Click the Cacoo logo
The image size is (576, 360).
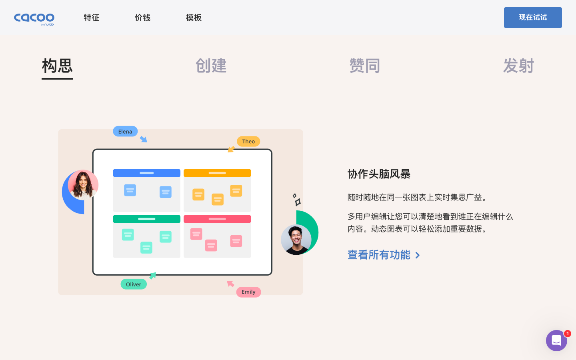coord(34,18)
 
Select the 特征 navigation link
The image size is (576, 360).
coord(92,18)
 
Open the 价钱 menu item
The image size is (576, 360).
coord(142,18)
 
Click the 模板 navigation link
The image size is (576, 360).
coord(194,18)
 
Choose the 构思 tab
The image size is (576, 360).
coord(57,66)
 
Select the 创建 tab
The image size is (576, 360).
coord(211,66)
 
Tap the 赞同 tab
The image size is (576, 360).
coord(364,66)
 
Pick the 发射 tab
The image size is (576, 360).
coord(518,66)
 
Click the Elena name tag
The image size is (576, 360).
coord(125,132)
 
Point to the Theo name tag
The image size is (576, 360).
coord(248,142)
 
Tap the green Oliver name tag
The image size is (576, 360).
coord(134,284)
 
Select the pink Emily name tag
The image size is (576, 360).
coord(248,292)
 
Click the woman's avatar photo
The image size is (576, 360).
coord(83,185)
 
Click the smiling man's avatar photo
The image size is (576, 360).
coord(296,240)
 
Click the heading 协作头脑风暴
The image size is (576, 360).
coord(379,174)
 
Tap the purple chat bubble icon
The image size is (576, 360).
coord(556,340)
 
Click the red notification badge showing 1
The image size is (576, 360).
coord(567,334)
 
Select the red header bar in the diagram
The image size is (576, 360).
coord(217,219)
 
